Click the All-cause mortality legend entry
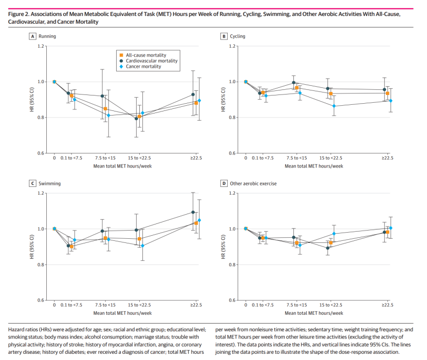point(146,55)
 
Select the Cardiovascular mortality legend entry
point(152,61)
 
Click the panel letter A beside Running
point(33,36)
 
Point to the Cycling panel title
point(237,36)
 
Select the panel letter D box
point(224,183)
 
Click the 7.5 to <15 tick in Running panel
point(105,158)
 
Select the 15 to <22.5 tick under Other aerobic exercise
point(330,305)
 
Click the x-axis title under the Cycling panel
point(313,166)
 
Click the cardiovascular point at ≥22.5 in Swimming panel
point(193,212)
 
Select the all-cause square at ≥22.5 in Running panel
point(196,103)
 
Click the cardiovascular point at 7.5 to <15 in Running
point(102,96)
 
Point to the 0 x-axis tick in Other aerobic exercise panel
point(246,305)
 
